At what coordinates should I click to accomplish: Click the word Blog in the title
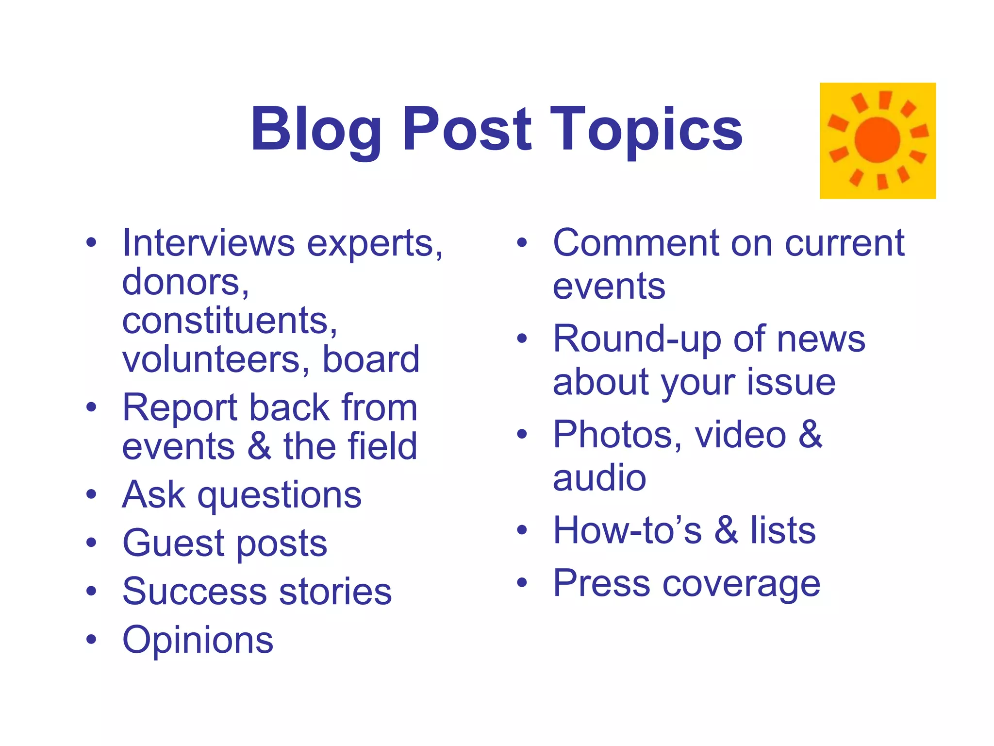(316, 130)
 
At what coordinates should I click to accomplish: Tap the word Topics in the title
(646, 130)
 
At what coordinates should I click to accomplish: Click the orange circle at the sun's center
(878, 140)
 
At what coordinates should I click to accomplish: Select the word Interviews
(208, 242)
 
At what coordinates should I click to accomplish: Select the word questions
(279, 495)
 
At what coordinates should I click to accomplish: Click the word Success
(195, 592)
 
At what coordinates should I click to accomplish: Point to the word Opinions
(198, 641)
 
